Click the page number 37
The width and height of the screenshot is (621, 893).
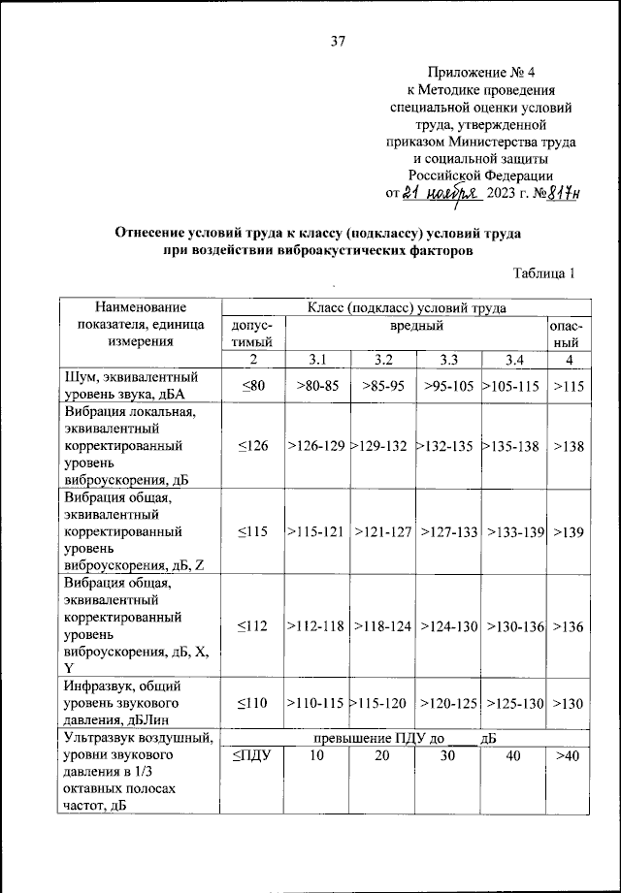(x=336, y=41)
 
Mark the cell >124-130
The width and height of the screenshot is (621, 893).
(x=448, y=627)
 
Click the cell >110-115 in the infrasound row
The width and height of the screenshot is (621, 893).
(x=315, y=702)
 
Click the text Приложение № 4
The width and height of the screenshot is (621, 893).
(x=479, y=72)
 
